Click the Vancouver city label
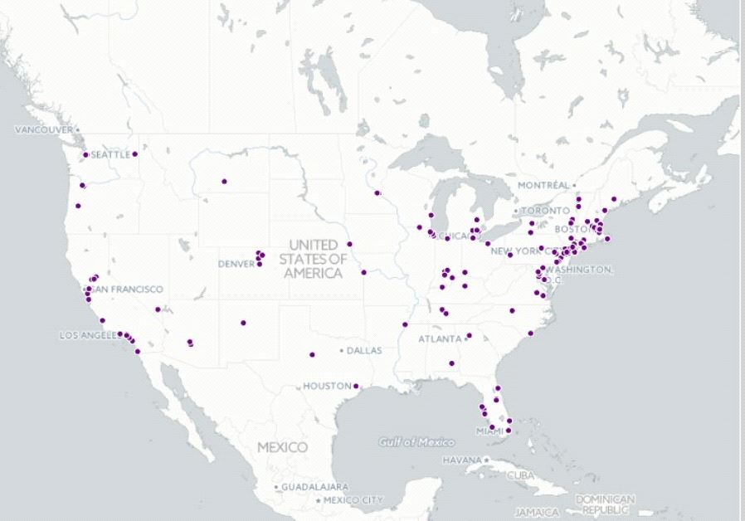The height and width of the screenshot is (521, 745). [x=44, y=129]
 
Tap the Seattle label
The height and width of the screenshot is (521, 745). [x=110, y=154]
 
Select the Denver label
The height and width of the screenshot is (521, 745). [x=235, y=264]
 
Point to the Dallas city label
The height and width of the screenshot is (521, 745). [x=364, y=351]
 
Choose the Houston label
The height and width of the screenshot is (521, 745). [x=326, y=386]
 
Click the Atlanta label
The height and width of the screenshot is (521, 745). [x=439, y=339]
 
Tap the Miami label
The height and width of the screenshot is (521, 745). [x=489, y=431]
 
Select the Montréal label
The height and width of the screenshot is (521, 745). [x=543, y=184]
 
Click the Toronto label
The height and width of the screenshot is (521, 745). [x=545, y=211]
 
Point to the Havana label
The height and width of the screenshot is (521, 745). [x=461, y=460]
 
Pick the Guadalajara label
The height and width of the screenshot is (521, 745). [x=314, y=486]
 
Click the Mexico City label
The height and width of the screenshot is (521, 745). [x=353, y=500]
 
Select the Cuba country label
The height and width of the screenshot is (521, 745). [x=520, y=475]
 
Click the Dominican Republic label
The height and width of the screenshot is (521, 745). [x=605, y=504]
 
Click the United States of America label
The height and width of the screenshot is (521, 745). [x=313, y=259]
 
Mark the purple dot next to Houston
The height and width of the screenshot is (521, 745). [x=356, y=386]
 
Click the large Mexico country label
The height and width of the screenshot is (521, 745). [x=282, y=447]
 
